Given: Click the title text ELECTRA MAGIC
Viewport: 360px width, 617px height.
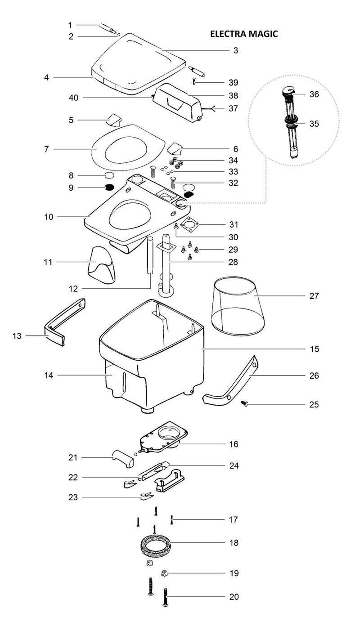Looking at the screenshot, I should pyautogui.click(x=243, y=34).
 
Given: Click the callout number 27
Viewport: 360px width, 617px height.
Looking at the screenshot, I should pyautogui.click(x=314, y=296).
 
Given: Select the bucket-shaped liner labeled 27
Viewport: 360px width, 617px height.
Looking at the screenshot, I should pyautogui.click(x=238, y=306).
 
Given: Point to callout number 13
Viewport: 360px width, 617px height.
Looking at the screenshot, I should pyautogui.click(x=17, y=335).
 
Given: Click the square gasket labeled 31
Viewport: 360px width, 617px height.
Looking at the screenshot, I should pyautogui.click(x=189, y=224).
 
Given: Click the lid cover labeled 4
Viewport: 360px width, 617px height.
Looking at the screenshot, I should pyautogui.click(x=135, y=63).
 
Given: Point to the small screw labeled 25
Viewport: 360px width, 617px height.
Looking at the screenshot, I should pyautogui.click(x=246, y=404).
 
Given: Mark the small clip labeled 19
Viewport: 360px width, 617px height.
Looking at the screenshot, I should pyautogui.click(x=164, y=573).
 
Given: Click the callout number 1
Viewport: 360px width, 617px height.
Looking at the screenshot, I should pyautogui.click(x=70, y=24).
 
